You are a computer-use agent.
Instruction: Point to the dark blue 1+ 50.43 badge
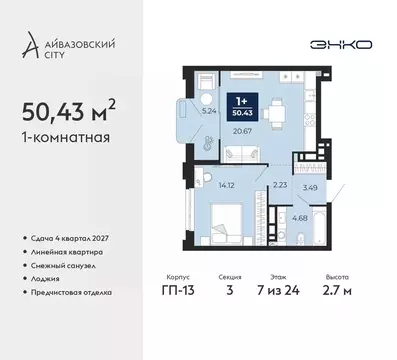pos(242,104)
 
